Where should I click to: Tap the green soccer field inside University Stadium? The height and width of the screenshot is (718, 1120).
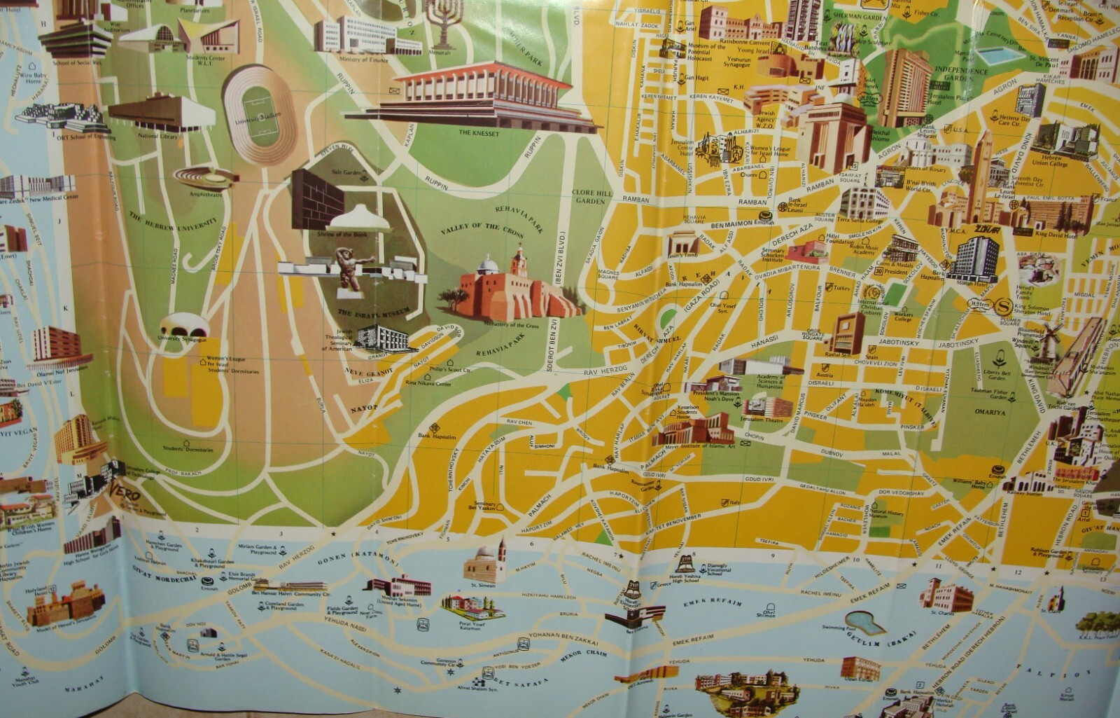tap(259, 112)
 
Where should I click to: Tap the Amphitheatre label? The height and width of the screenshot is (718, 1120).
tap(201, 190)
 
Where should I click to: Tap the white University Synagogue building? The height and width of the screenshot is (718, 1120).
tap(183, 328)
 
